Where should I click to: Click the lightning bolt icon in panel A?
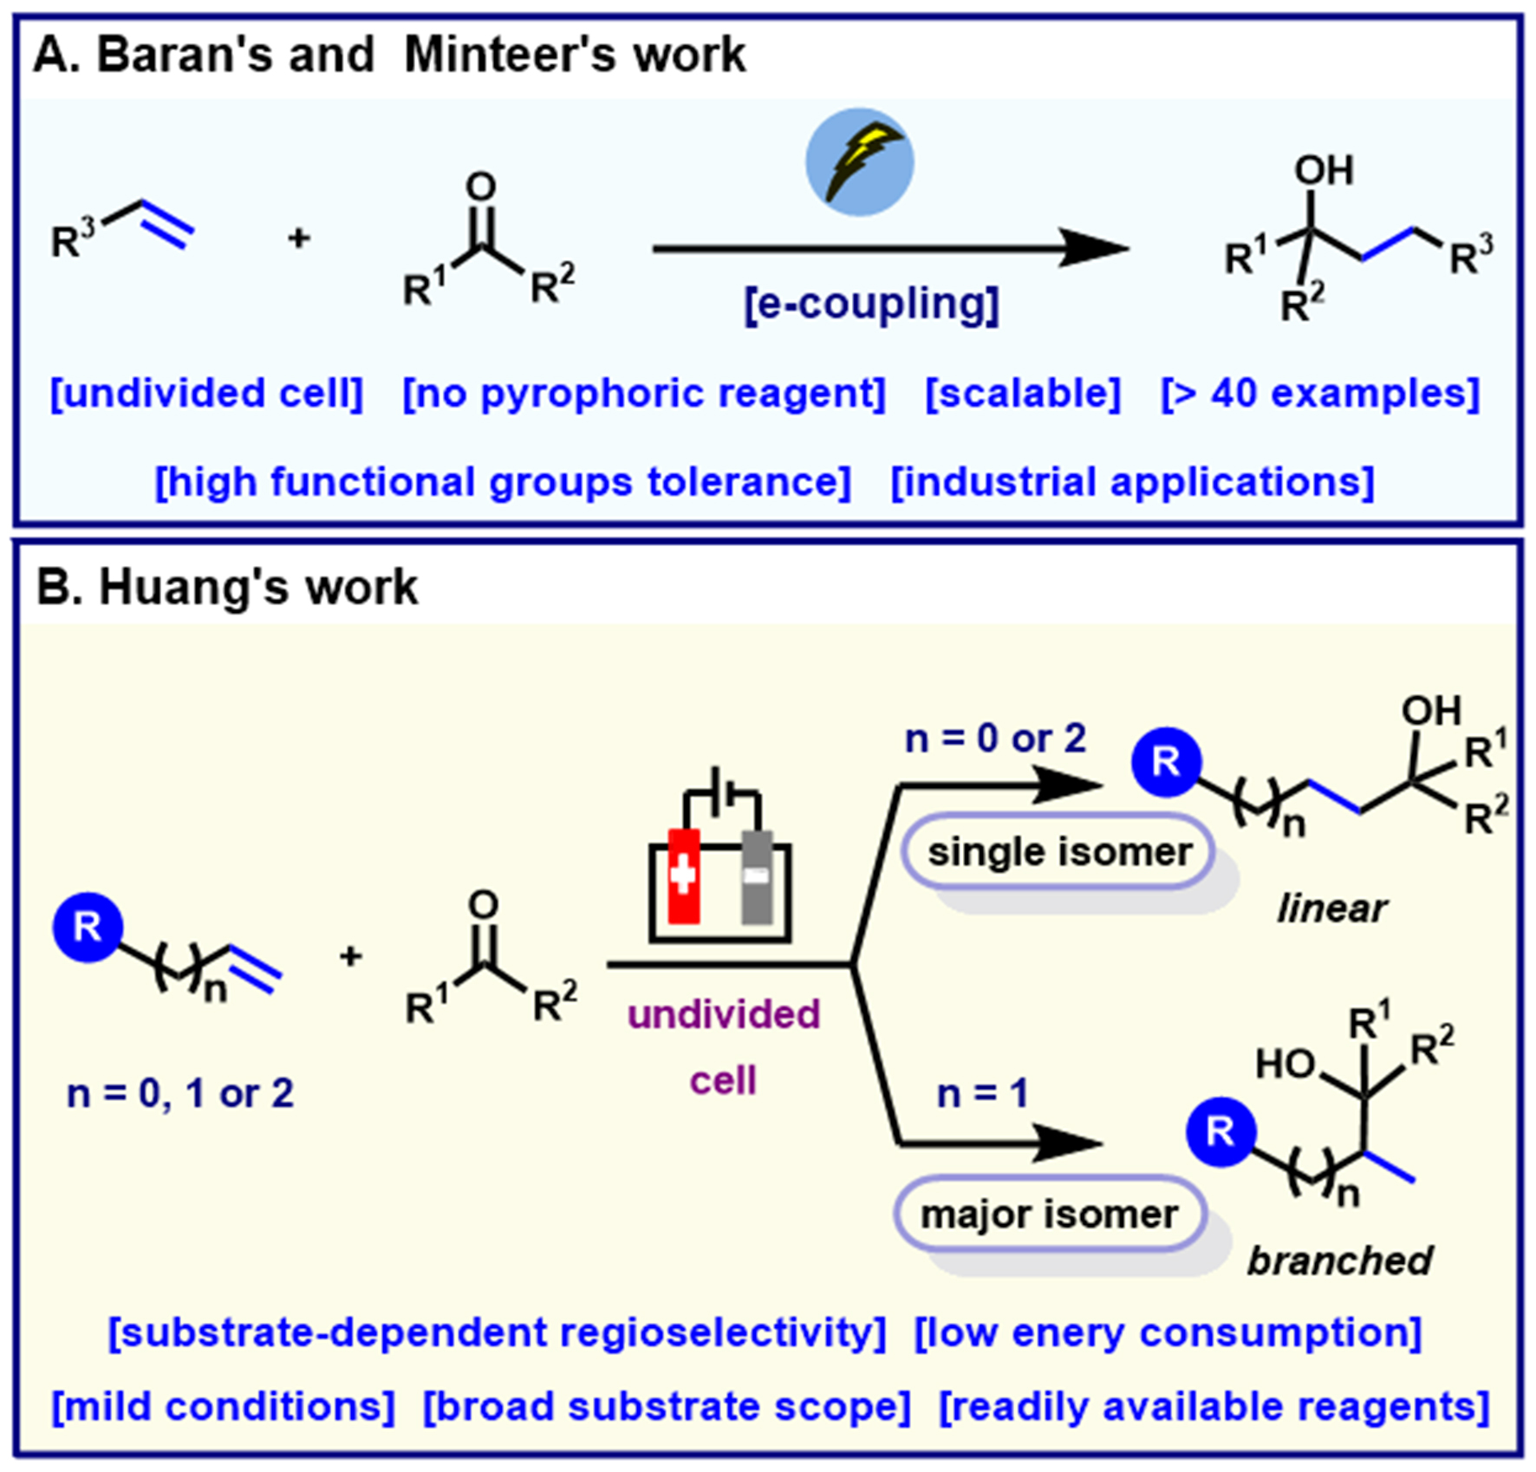tap(859, 162)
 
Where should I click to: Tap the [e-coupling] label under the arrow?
tap(871, 304)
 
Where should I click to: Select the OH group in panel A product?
tap(1323, 171)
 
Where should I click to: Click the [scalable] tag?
tap(1023, 394)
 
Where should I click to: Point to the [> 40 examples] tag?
tap(1319, 394)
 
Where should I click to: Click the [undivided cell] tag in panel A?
tap(206, 394)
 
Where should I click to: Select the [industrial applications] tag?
tap(1132, 482)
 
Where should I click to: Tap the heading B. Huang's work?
tap(227, 588)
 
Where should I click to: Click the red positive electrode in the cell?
tap(684, 876)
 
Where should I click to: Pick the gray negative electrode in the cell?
tap(757, 876)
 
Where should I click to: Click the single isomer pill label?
tap(1058, 852)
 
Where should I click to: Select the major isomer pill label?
tap(1049, 1215)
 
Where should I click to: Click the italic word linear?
tap(1331, 909)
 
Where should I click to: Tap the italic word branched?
tap(1339, 1260)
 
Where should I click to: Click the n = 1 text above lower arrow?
tap(982, 1094)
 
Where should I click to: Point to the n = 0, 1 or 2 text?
tap(180, 1094)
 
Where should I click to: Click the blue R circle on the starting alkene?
tap(88, 928)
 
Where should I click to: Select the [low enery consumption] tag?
tap(1168, 1332)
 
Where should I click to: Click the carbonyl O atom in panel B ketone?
tap(483, 905)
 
